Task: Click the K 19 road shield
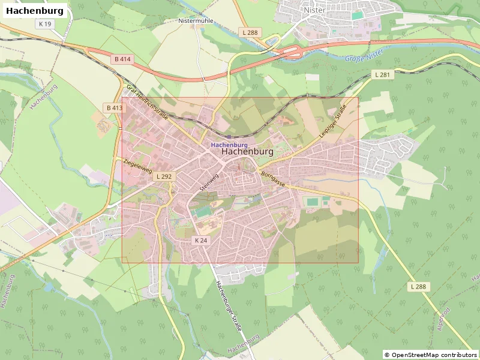coord(44,24)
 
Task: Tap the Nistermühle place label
coord(196,20)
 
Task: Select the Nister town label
coord(314,10)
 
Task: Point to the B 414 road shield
coord(122,59)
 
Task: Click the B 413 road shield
coord(114,108)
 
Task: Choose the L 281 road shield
coord(382,74)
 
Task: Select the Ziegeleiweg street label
coord(137,166)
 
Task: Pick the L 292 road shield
coord(164,177)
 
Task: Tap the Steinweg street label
coord(210,182)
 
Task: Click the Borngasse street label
coord(272,179)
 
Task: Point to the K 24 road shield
coord(200,240)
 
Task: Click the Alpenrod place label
coord(445,314)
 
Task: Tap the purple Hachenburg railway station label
coord(229,145)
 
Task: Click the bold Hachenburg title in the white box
coord(34,11)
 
